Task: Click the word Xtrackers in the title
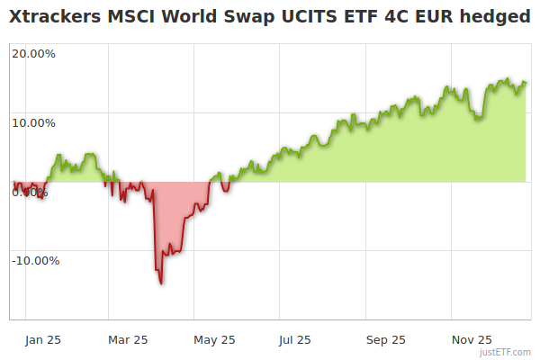coord(53,16)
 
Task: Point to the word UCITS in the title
coord(303,16)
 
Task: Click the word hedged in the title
coord(493,16)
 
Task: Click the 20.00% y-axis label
coord(33,53)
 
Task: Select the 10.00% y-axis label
coord(33,122)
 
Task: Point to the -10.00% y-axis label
coord(35,261)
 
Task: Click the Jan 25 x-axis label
coord(42,339)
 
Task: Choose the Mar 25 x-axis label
coord(128,339)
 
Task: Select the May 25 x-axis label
coord(214,339)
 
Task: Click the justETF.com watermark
coord(507,353)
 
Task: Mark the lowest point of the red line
coord(161,283)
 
